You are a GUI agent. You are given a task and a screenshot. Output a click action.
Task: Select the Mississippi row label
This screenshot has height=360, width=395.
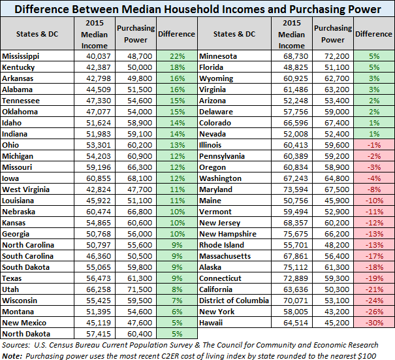coord(22,56)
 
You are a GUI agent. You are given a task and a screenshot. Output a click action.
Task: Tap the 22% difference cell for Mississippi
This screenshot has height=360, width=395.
coord(176,56)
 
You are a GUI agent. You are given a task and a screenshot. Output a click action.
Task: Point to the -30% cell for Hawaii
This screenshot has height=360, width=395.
coord(373,323)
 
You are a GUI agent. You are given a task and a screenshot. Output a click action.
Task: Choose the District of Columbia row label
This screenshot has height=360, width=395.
coord(234,301)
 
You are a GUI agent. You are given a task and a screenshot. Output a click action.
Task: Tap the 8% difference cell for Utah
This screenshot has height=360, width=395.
coord(176,289)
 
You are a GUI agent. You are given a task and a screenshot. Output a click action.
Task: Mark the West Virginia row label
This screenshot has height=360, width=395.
coord(24,189)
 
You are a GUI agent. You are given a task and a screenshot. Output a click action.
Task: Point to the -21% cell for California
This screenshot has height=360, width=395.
coord(373,289)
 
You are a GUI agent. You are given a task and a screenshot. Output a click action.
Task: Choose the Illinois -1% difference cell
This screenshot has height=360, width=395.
coord(373,145)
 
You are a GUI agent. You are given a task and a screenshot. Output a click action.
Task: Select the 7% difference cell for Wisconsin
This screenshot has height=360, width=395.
coord(176,301)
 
